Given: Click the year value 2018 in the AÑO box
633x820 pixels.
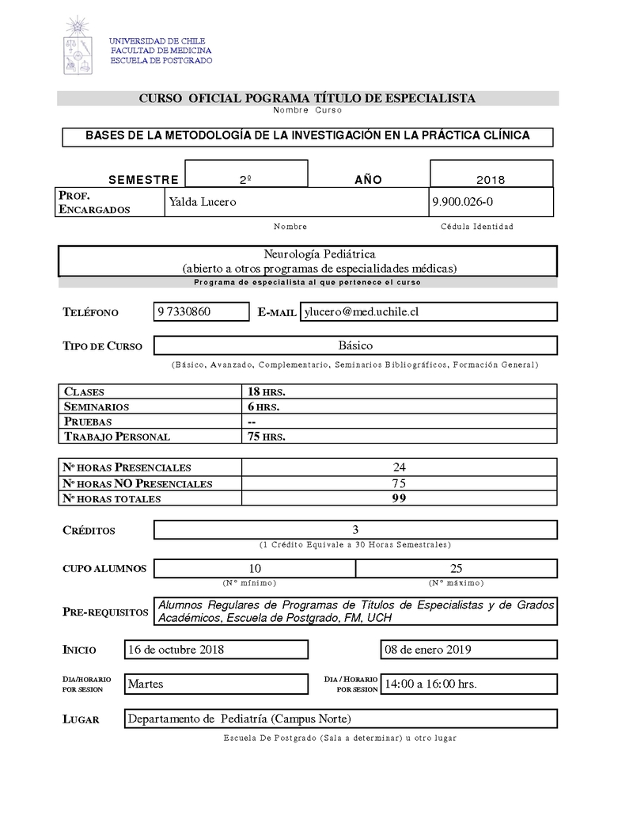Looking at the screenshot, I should tap(491, 180).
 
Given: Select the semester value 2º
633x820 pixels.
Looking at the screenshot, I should tap(245, 180).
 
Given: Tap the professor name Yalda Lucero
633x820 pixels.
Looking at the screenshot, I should tap(203, 202).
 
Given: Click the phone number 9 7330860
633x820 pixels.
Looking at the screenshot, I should tap(184, 311).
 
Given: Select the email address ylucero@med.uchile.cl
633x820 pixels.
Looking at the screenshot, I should tap(361, 311).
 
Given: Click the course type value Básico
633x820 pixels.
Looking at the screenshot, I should tap(354, 345).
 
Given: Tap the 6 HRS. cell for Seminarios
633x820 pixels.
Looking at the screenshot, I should tap(263, 406).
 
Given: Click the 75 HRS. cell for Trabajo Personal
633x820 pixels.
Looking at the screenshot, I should tap(266, 437).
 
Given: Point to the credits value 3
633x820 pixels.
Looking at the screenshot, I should tap(355, 530).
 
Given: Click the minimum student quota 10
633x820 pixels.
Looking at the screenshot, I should tap(255, 568).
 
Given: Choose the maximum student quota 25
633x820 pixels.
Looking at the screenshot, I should tap(456, 568).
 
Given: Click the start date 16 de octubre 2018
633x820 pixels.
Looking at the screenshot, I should tap(176, 650).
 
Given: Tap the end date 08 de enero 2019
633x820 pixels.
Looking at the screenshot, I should tap(427, 650).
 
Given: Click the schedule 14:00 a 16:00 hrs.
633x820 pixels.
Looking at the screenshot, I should tap(430, 684).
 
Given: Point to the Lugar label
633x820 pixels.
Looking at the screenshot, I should tap(81, 719).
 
